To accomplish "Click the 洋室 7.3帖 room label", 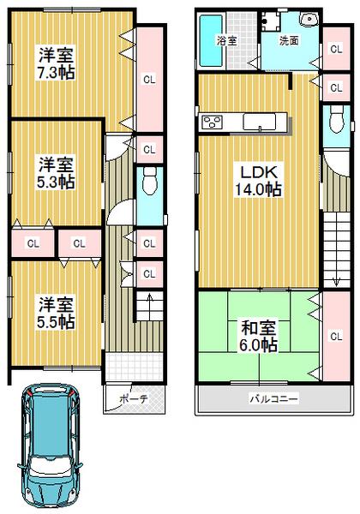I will [54, 63].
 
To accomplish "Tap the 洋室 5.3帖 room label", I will [54, 170].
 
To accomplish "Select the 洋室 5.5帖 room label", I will [54, 313].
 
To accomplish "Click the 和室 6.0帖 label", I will [257, 335].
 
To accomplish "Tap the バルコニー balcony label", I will [273, 398].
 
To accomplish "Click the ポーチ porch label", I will [133, 398].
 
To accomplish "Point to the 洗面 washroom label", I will [288, 40].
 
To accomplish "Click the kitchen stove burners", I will [210, 123].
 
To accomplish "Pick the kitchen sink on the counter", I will [257, 123].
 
